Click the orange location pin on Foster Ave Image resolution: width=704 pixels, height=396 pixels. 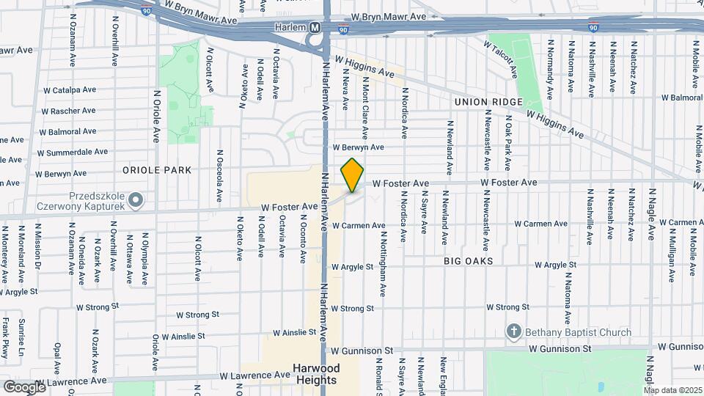tap(353, 175)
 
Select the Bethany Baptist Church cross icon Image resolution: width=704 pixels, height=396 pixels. tap(514, 332)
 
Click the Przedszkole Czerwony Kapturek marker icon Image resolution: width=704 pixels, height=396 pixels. tap(135, 199)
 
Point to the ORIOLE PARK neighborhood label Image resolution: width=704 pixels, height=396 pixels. tap(157, 170)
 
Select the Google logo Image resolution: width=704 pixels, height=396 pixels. tap(24, 386)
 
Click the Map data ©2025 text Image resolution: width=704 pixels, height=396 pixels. tap(670, 389)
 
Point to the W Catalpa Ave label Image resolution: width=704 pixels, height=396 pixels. tap(70, 90)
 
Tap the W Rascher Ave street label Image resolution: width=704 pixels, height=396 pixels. tap(68, 111)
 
